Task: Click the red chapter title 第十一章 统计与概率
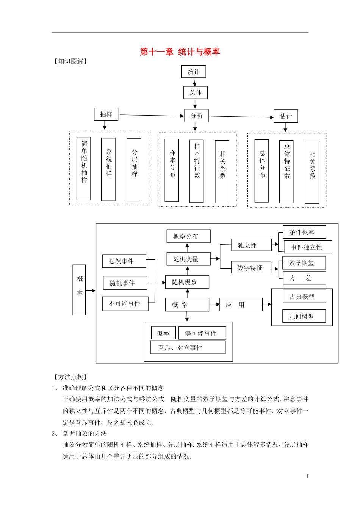click(180, 52)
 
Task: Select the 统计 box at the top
click(194, 72)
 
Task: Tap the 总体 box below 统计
click(196, 92)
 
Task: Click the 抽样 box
click(106, 114)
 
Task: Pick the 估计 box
click(286, 116)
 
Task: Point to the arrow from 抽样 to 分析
click(152, 115)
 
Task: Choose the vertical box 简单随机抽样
click(84, 169)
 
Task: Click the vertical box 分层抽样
click(134, 169)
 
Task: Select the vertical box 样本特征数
click(196, 171)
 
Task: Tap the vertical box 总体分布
click(261, 170)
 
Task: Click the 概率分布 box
click(188, 236)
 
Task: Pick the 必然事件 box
click(124, 261)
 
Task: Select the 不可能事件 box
click(125, 304)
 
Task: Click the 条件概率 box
click(304, 232)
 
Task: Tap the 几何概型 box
click(304, 316)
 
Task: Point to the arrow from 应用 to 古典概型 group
click(267, 304)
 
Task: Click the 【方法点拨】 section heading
click(70, 377)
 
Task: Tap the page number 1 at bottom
click(307, 476)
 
